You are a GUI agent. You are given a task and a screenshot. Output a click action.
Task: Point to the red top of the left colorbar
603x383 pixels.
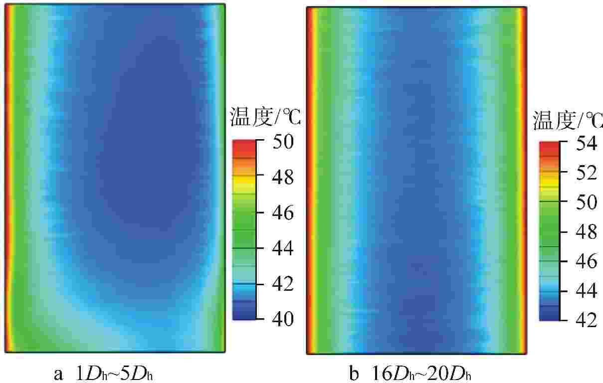[244, 146]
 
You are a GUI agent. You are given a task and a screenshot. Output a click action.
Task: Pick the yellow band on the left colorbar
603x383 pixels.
[244, 187]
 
